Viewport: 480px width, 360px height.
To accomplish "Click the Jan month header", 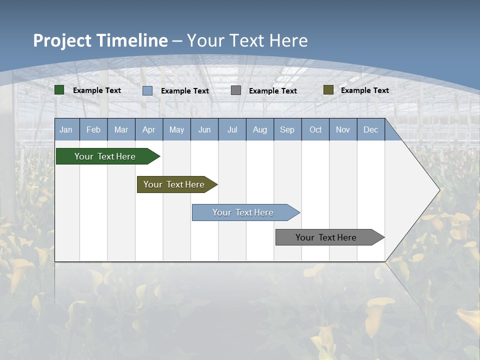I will [66, 129].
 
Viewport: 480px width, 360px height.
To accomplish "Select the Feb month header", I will [93, 129].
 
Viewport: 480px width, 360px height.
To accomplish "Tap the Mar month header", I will [121, 129].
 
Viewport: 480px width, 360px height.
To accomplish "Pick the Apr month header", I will [149, 129].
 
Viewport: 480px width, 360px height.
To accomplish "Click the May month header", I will [176, 129].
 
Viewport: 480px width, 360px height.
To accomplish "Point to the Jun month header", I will [204, 129].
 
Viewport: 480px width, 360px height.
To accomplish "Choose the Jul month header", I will [232, 129].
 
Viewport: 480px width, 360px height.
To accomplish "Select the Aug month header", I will [260, 129].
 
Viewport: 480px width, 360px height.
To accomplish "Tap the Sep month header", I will [287, 129].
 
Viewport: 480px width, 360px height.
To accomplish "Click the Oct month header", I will [315, 129].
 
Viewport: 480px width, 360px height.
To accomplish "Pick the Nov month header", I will [343, 129].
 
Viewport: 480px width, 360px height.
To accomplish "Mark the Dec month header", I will [371, 129].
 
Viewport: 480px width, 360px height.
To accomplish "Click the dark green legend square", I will [59, 90].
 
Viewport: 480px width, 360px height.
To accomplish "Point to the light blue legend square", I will [147, 90].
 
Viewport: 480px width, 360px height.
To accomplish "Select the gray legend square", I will [236, 90].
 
